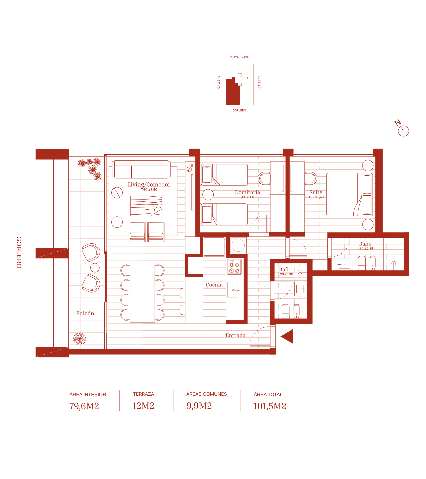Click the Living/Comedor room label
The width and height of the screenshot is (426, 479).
click(149, 184)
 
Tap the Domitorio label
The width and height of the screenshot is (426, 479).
click(247, 192)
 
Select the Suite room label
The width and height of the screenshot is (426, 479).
click(316, 192)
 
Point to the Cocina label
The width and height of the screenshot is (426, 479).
click(214, 285)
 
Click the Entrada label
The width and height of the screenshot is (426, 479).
click(236, 335)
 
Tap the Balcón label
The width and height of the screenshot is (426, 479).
click(85, 313)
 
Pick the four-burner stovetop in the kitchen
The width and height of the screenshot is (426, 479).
click(234, 267)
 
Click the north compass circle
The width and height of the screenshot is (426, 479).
click(403, 131)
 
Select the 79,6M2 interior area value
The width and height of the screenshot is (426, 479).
click(84, 406)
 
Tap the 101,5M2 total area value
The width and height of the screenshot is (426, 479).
click(270, 406)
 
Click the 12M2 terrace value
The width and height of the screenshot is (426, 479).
click(143, 406)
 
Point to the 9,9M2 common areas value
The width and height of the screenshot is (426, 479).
click(199, 406)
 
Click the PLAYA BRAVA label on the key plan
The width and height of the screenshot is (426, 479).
click(239, 57)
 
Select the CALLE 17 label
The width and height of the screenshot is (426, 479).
click(259, 82)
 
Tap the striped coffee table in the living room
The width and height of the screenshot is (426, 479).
click(146, 206)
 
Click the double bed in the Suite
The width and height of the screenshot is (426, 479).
click(350, 195)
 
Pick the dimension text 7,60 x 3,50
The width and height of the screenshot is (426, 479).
click(149, 190)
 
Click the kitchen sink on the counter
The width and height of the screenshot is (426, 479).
click(233, 290)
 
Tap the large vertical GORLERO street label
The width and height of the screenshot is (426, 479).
click(19, 252)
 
